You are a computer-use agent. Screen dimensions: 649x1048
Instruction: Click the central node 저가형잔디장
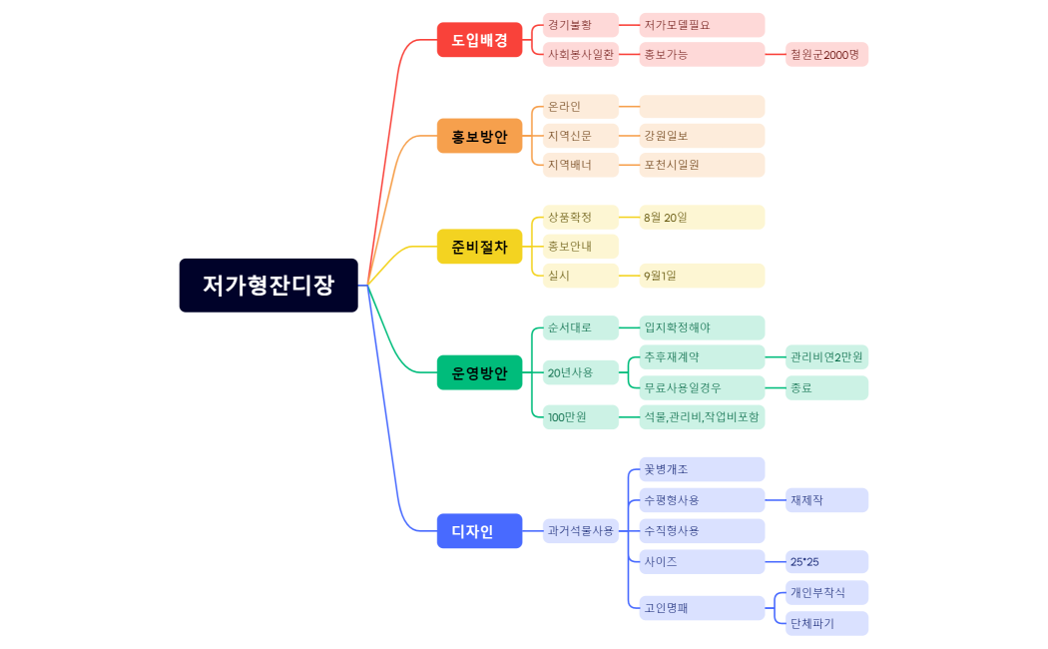click(x=268, y=286)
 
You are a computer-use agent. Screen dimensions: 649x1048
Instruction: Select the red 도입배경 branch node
click(x=479, y=40)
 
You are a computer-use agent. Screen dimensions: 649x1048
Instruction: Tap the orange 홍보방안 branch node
click(x=479, y=136)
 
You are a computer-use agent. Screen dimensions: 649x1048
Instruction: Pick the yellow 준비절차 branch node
click(x=479, y=246)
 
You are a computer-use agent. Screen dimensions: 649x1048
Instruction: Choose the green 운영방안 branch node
click(x=479, y=372)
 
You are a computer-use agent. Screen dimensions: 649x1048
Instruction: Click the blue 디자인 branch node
click(x=479, y=531)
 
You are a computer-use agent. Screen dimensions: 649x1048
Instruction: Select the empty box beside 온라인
click(x=702, y=107)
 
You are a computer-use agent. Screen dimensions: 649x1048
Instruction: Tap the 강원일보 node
click(x=702, y=136)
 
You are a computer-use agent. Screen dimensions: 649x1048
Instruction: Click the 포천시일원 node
click(x=702, y=165)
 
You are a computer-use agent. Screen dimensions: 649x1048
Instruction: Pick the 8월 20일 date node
click(x=702, y=217)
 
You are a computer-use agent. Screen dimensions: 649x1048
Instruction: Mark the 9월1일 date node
click(x=702, y=276)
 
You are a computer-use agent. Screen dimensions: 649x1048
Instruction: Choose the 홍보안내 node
click(x=581, y=247)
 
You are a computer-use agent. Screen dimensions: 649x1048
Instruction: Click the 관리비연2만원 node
click(x=826, y=356)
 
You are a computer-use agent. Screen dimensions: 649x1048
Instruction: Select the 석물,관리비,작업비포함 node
click(x=702, y=416)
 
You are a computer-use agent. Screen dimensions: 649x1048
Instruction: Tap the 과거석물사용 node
click(x=581, y=531)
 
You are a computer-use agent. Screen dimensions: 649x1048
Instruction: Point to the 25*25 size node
click(x=826, y=562)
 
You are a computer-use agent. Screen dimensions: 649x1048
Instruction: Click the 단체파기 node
click(x=826, y=624)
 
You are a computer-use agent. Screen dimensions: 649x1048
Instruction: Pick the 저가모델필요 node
click(x=702, y=25)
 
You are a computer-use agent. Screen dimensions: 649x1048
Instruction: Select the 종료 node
click(x=826, y=387)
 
